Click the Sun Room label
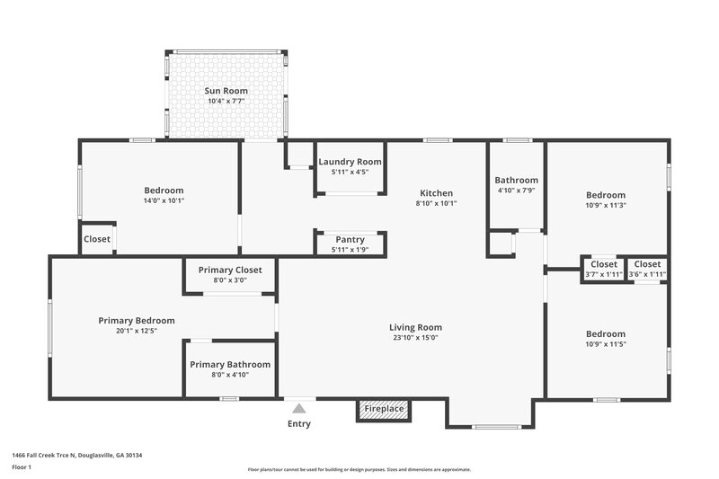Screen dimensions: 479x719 [x=226, y=91]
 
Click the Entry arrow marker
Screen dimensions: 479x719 [x=299, y=407]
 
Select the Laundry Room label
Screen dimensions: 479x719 [x=350, y=162]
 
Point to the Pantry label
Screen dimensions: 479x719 [x=350, y=239]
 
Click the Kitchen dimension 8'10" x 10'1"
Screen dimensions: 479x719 [x=436, y=203]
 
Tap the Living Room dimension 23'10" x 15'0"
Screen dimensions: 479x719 [x=415, y=338]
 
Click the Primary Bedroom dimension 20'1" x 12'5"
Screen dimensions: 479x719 [x=137, y=331]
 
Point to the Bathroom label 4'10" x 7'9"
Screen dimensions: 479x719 [x=518, y=180]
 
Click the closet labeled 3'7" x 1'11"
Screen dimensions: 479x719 [x=604, y=274]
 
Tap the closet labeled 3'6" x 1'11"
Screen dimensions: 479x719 [x=646, y=274]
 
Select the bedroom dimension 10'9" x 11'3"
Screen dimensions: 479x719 [x=606, y=205]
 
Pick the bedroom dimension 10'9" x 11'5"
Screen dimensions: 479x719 [x=606, y=344]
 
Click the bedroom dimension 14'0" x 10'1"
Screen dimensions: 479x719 [x=164, y=200]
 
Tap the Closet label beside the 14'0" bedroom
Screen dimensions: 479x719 [x=97, y=239]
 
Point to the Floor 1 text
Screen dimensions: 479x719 [x=22, y=467]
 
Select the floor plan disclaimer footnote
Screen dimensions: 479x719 [x=359, y=469]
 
